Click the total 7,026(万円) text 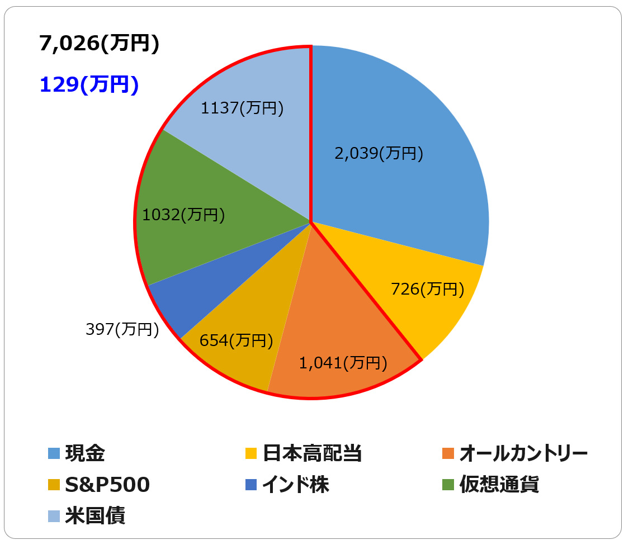click(99, 43)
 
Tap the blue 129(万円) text click(89, 84)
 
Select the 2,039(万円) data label click(379, 153)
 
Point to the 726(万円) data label click(427, 289)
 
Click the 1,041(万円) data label click(343, 363)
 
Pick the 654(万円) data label click(236, 340)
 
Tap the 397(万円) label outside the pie click(122, 329)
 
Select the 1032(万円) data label click(183, 215)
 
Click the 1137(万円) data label click(242, 108)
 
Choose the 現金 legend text click(85, 453)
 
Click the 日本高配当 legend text click(312, 453)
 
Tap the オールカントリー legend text click(523, 453)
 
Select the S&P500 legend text click(107, 484)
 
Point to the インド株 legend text click(296, 484)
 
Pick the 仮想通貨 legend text click(499, 484)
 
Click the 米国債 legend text click(95, 516)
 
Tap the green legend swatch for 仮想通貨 click(448, 485)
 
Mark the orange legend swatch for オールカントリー click(448, 454)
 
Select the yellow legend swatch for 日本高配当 click(251, 454)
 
